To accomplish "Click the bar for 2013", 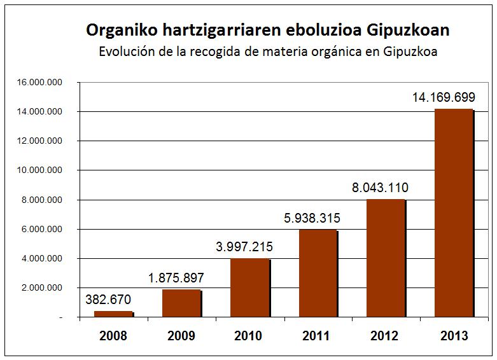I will [x=453, y=213].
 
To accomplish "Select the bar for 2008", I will [x=113, y=314].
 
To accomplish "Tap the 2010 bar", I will [x=249, y=287].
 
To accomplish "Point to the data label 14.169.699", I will [x=453, y=98].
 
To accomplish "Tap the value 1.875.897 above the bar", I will [x=181, y=278].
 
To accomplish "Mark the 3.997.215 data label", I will [x=249, y=247].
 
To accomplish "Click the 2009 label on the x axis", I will [x=181, y=336].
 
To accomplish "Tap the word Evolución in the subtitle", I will [x=126, y=52].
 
